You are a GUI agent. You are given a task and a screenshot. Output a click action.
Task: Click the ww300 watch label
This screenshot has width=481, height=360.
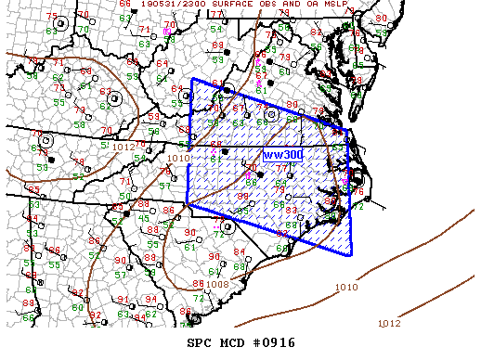coord(280,153)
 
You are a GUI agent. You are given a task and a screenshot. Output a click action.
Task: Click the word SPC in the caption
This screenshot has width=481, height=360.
coord(201,342)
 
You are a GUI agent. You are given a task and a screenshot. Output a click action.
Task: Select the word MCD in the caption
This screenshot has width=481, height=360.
coord(232,342)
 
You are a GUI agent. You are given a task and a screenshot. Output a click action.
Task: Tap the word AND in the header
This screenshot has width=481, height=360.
coord(300,5)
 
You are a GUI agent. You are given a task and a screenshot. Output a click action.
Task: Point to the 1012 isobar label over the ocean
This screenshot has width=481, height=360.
coord(390,323)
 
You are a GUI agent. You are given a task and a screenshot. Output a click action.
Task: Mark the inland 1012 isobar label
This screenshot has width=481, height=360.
coord(122,146)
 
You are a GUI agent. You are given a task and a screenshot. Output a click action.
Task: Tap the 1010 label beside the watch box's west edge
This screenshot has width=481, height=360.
coord(178,158)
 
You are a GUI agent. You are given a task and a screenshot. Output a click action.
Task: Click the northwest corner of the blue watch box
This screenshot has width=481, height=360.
coord(192,80)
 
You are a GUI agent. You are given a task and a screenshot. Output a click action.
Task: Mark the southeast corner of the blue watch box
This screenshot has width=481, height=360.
coord(352,254)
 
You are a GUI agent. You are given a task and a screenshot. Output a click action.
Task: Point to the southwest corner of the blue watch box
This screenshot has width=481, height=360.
coord(187,203)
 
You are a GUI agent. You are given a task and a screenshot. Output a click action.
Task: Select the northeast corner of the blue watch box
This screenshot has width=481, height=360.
coord(347,131)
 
